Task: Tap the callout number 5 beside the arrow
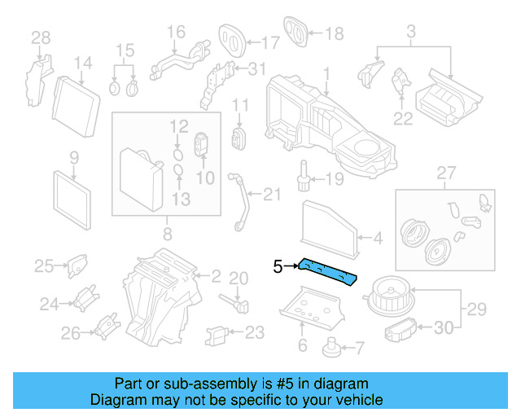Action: coord(278,266)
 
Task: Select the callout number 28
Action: coord(40,37)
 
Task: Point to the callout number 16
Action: coord(176,33)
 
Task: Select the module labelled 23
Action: coord(218,333)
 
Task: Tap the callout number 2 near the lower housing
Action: coord(216,276)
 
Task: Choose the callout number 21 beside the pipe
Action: coord(272,193)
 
